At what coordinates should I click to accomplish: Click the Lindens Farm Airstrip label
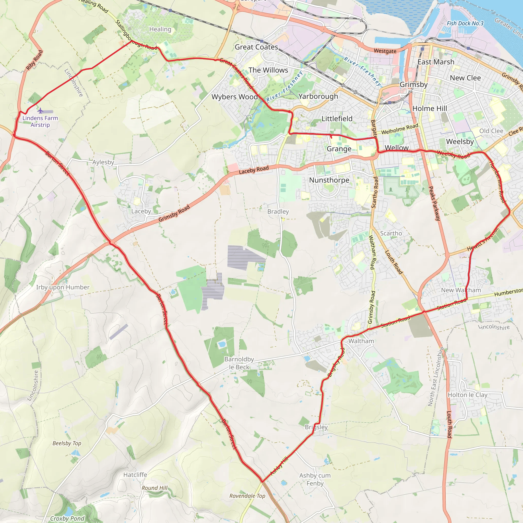click(x=40, y=121)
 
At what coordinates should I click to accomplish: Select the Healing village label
click(x=160, y=29)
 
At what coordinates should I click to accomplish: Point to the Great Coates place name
click(x=256, y=47)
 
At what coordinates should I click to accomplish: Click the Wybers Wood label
click(x=234, y=97)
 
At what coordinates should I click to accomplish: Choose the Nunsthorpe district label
click(x=329, y=180)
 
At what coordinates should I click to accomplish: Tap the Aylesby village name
click(x=103, y=162)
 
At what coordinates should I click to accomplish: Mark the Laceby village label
click(x=141, y=211)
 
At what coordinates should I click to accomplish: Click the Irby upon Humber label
click(x=63, y=287)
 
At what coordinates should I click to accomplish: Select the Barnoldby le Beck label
click(x=239, y=363)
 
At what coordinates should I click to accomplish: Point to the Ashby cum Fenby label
click(x=315, y=479)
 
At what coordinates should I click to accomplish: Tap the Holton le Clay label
click(x=468, y=395)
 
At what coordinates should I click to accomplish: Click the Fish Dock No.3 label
click(x=465, y=23)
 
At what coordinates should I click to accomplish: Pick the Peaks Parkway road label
click(x=435, y=203)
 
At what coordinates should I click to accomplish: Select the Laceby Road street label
click(x=254, y=170)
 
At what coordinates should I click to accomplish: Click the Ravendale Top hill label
click(x=247, y=496)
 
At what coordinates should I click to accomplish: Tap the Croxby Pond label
click(x=67, y=518)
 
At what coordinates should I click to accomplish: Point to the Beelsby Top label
click(x=67, y=443)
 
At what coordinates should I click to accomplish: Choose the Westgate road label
click(x=385, y=51)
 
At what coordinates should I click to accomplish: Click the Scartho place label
click(x=391, y=233)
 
